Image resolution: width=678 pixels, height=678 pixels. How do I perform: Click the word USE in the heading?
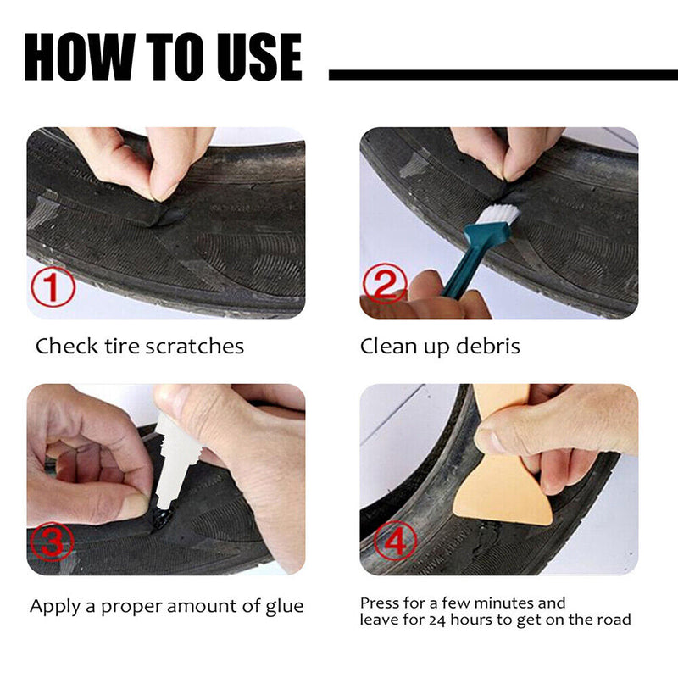(x=255, y=58)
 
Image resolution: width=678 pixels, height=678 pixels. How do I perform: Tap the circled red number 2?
(x=386, y=286)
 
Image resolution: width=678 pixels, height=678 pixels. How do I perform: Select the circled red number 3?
(x=53, y=544)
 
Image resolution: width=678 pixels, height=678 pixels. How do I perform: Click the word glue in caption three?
(x=283, y=606)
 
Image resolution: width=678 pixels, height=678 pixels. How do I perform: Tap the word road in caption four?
(x=614, y=620)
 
